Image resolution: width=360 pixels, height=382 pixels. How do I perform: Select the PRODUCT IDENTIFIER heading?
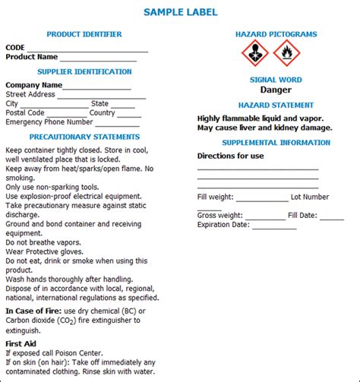84,34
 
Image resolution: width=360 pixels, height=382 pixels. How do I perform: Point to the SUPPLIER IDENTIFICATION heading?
84,71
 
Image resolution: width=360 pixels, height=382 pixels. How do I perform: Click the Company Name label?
34,85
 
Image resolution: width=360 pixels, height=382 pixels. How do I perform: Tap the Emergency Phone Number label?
49,122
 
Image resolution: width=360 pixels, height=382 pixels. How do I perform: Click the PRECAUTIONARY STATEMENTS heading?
84,137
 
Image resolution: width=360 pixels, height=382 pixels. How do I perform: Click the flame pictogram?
286,53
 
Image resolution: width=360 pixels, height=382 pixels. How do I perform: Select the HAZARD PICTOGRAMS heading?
276,34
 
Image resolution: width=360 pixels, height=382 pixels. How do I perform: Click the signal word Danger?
276,90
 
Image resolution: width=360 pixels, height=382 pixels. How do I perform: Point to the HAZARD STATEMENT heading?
276,105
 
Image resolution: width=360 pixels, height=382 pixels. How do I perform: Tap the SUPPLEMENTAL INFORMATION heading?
276,142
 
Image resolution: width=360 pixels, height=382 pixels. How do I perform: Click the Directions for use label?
230,156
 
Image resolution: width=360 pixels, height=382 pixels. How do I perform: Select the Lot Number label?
310,197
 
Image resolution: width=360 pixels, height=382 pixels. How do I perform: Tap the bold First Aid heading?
22,343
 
